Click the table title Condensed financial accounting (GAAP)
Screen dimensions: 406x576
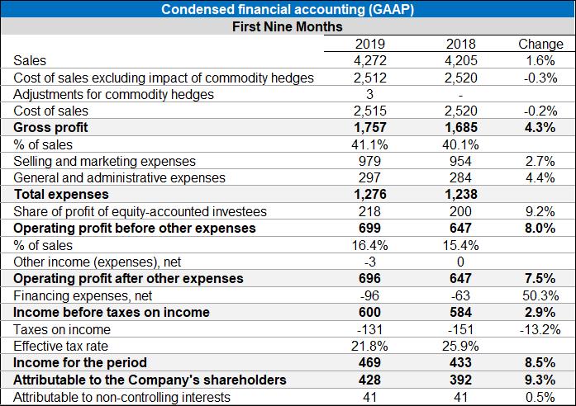(x=288, y=10)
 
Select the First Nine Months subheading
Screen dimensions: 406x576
(x=288, y=27)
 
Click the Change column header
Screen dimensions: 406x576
(x=540, y=44)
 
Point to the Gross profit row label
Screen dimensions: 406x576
(x=51, y=128)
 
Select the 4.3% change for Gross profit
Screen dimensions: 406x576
(x=540, y=128)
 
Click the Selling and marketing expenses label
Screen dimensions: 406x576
(x=105, y=161)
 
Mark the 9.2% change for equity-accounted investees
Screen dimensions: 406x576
(x=540, y=211)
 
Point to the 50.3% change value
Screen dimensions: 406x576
(x=540, y=295)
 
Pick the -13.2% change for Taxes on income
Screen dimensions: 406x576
(x=540, y=329)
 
